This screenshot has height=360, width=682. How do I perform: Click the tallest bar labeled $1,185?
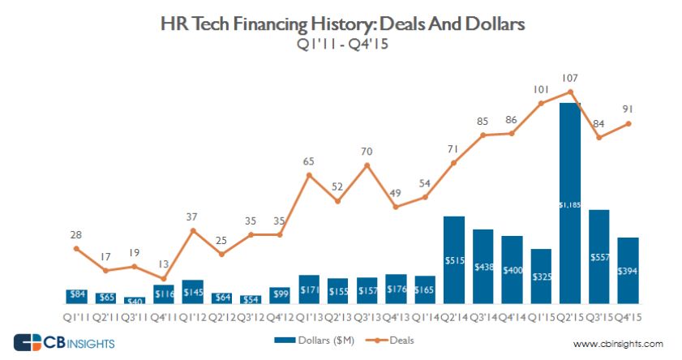coord(570,203)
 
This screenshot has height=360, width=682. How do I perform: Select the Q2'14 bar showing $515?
coord(453,259)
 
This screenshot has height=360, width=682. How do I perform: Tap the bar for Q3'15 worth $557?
coord(599,256)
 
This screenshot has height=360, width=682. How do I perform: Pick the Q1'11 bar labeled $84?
coord(77,296)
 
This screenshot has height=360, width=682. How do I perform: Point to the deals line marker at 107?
coord(570,91)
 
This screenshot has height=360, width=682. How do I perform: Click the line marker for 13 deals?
coord(164,278)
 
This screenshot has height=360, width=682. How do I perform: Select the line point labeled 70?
coord(367,165)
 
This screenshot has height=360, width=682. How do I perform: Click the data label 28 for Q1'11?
coord(76,235)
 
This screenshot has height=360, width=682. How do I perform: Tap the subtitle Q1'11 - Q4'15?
coord(341,45)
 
